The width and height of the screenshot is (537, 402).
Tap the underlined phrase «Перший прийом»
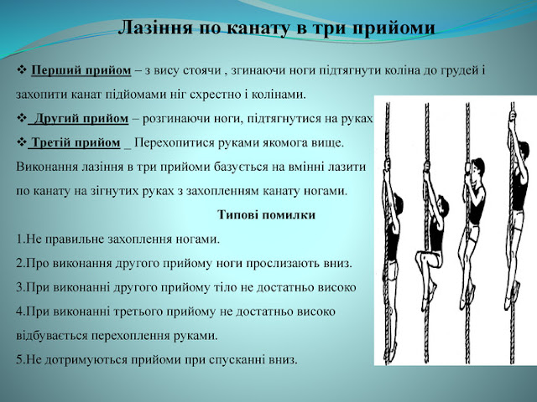click(x=81, y=70)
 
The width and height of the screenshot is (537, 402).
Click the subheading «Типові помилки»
click(x=266, y=214)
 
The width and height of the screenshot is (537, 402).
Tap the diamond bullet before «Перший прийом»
click(x=22, y=70)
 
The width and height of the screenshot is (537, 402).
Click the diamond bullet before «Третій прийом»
click(x=22, y=142)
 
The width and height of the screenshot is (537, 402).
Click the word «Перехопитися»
click(x=175, y=142)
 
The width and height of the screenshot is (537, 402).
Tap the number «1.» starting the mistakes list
click(x=20, y=239)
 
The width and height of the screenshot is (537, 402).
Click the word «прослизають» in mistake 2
click(x=279, y=264)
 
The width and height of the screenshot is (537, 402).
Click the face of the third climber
click(x=474, y=171)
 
